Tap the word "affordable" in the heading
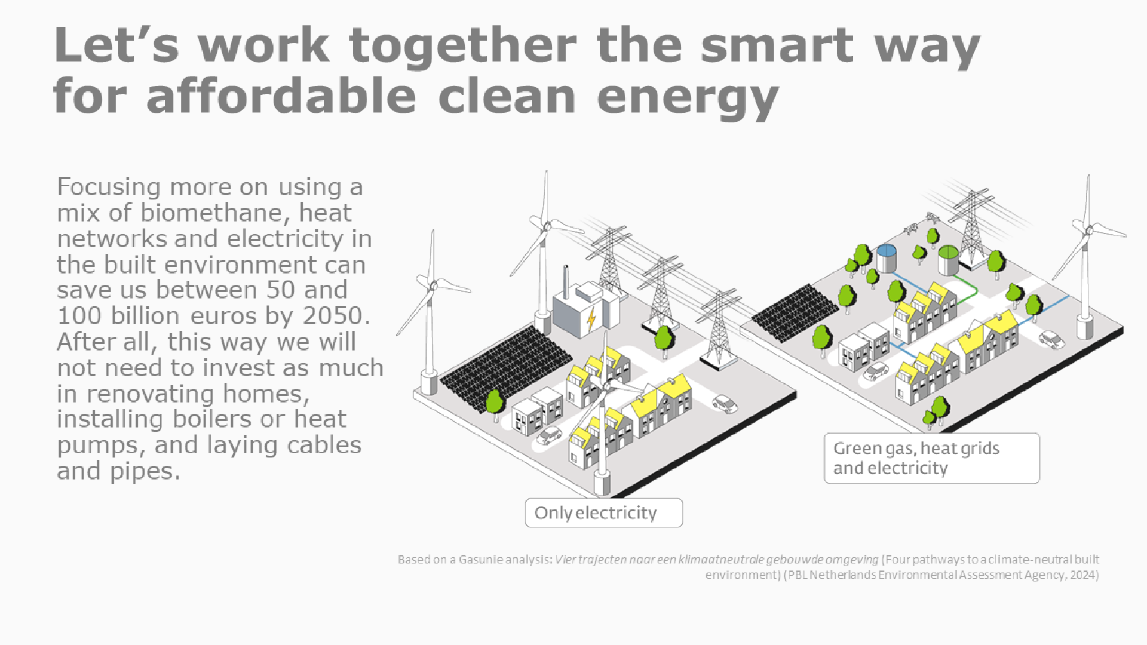point(281,96)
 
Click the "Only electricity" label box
point(603,512)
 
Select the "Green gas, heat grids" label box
point(932,458)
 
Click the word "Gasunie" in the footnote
point(481,560)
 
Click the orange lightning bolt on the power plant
point(591,320)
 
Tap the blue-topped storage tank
point(887,258)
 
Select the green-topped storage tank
point(948,260)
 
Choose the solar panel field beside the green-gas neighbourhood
point(795,312)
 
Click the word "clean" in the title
point(507,96)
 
